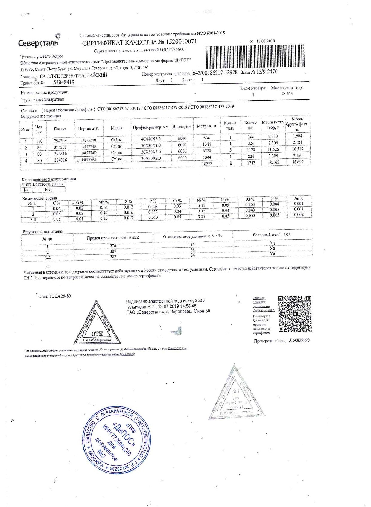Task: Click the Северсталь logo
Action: pos(39,42)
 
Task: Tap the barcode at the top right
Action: pos(255,56)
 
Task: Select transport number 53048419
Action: pos(64,82)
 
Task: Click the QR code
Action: pos(294,314)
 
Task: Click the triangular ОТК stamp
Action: pos(96,324)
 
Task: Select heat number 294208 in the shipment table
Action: pos(60,141)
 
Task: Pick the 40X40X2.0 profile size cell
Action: pos(150,139)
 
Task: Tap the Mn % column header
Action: pos(104,202)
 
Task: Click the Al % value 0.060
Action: pos(250,205)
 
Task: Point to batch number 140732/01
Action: pos(89,140)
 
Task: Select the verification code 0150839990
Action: pos(299,340)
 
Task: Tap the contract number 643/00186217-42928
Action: pos(215,73)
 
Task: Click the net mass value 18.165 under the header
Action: pos(287,94)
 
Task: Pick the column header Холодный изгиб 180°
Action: pos(272,235)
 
